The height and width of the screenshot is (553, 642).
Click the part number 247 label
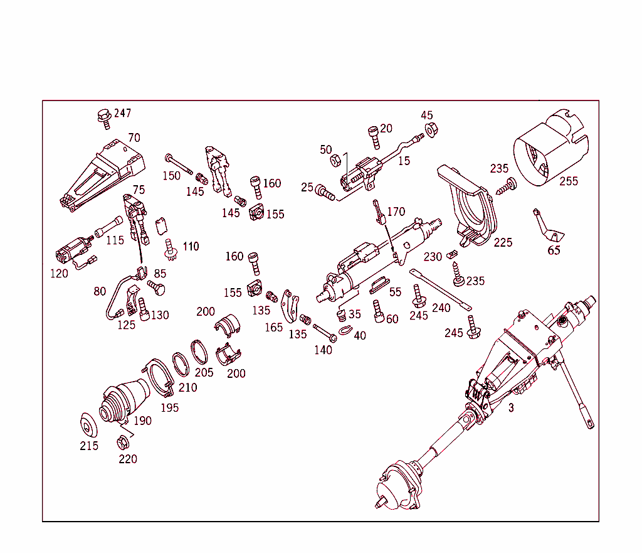122,114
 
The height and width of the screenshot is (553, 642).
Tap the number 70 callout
134,137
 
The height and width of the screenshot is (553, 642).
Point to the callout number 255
569,181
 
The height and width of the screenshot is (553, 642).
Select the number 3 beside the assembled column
511,407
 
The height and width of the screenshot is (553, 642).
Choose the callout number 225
503,242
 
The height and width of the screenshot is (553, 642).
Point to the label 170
396,212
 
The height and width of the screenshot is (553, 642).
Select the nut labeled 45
431,130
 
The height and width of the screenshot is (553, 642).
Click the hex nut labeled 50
336,161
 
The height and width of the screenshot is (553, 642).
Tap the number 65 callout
554,250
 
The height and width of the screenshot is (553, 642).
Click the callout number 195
169,407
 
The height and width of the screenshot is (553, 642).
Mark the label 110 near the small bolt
191,246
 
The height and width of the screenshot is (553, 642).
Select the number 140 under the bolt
323,350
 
